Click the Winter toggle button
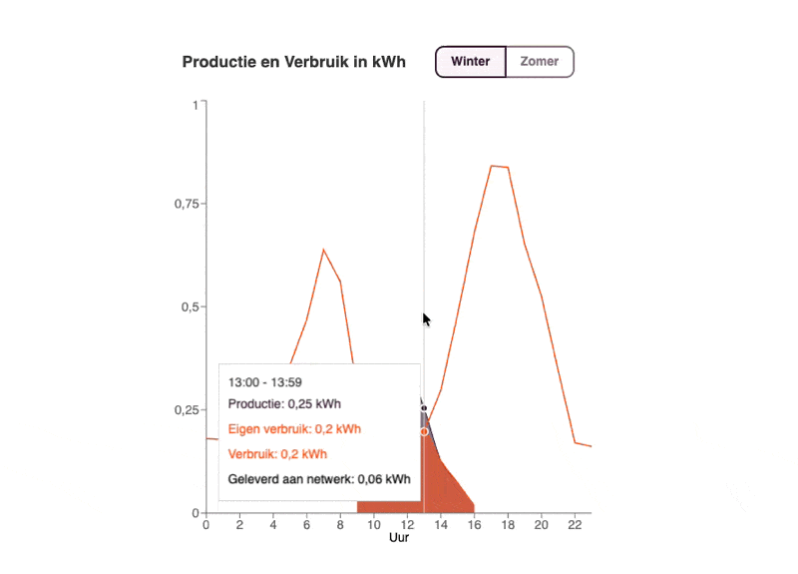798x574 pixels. [x=470, y=62]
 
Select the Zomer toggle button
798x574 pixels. [x=540, y=62]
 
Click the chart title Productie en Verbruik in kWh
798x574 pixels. [x=294, y=62]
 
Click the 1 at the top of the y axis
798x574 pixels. [x=194, y=103]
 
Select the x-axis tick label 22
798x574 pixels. [x=575, y=526]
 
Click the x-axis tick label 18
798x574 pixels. [x=508, y=526]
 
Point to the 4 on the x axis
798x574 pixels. [x=273, y=526]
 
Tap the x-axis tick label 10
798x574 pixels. [x=374, y=526]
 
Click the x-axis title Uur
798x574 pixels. [x=399, y=539]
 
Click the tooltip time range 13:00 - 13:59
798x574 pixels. [x=264, y=381]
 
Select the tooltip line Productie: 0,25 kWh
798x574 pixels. [x=284, y=404]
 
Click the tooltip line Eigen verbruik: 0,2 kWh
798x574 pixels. [x=294, y=429]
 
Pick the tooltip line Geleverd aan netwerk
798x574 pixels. [x=319, y=479]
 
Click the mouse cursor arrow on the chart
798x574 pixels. [x=426, y=319]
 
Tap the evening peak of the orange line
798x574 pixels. [x=492, y=166]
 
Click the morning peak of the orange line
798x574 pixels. [x=323, y=250]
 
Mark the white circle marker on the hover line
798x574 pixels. [x=424, y=431]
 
